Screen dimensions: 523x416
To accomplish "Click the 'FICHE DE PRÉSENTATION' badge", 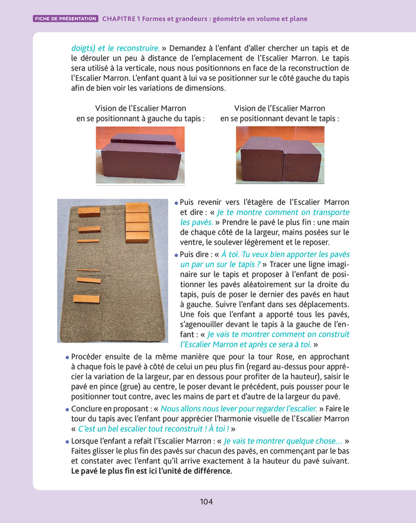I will [65, 19].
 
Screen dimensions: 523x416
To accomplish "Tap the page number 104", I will [206, 502].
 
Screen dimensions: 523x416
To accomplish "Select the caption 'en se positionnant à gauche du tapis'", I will [140, 118].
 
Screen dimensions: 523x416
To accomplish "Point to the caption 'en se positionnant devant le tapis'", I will [279, 118].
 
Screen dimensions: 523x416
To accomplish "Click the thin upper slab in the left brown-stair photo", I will [143, 140].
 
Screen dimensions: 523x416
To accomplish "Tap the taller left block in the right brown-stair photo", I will [260, 157].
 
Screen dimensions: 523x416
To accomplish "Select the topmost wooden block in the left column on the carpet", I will [89, 212].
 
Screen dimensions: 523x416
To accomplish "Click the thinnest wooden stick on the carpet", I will [88, 271].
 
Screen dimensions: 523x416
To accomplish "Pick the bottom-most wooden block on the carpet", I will [86, 299].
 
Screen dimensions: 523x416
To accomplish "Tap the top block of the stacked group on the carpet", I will [137, 207].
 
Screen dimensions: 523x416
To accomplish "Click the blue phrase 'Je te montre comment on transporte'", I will [283, 212].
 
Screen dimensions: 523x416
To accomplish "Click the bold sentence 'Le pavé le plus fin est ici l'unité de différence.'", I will [152, 471].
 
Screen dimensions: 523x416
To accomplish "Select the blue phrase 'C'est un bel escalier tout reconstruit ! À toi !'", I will [153, 429].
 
